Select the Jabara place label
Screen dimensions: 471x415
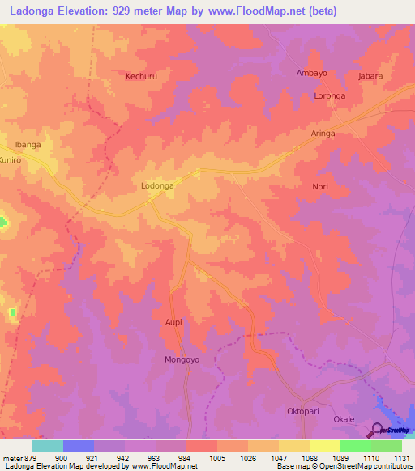[370, 76]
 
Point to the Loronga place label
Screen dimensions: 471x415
[330, 95]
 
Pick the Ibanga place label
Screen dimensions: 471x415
[28, 145]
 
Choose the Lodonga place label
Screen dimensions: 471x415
[158, 185]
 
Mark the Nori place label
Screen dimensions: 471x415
[319, 186]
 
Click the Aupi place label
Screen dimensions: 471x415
[174, 322]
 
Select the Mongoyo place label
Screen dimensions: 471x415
[182, 359]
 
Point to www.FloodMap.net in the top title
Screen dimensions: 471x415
[251, 11]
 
